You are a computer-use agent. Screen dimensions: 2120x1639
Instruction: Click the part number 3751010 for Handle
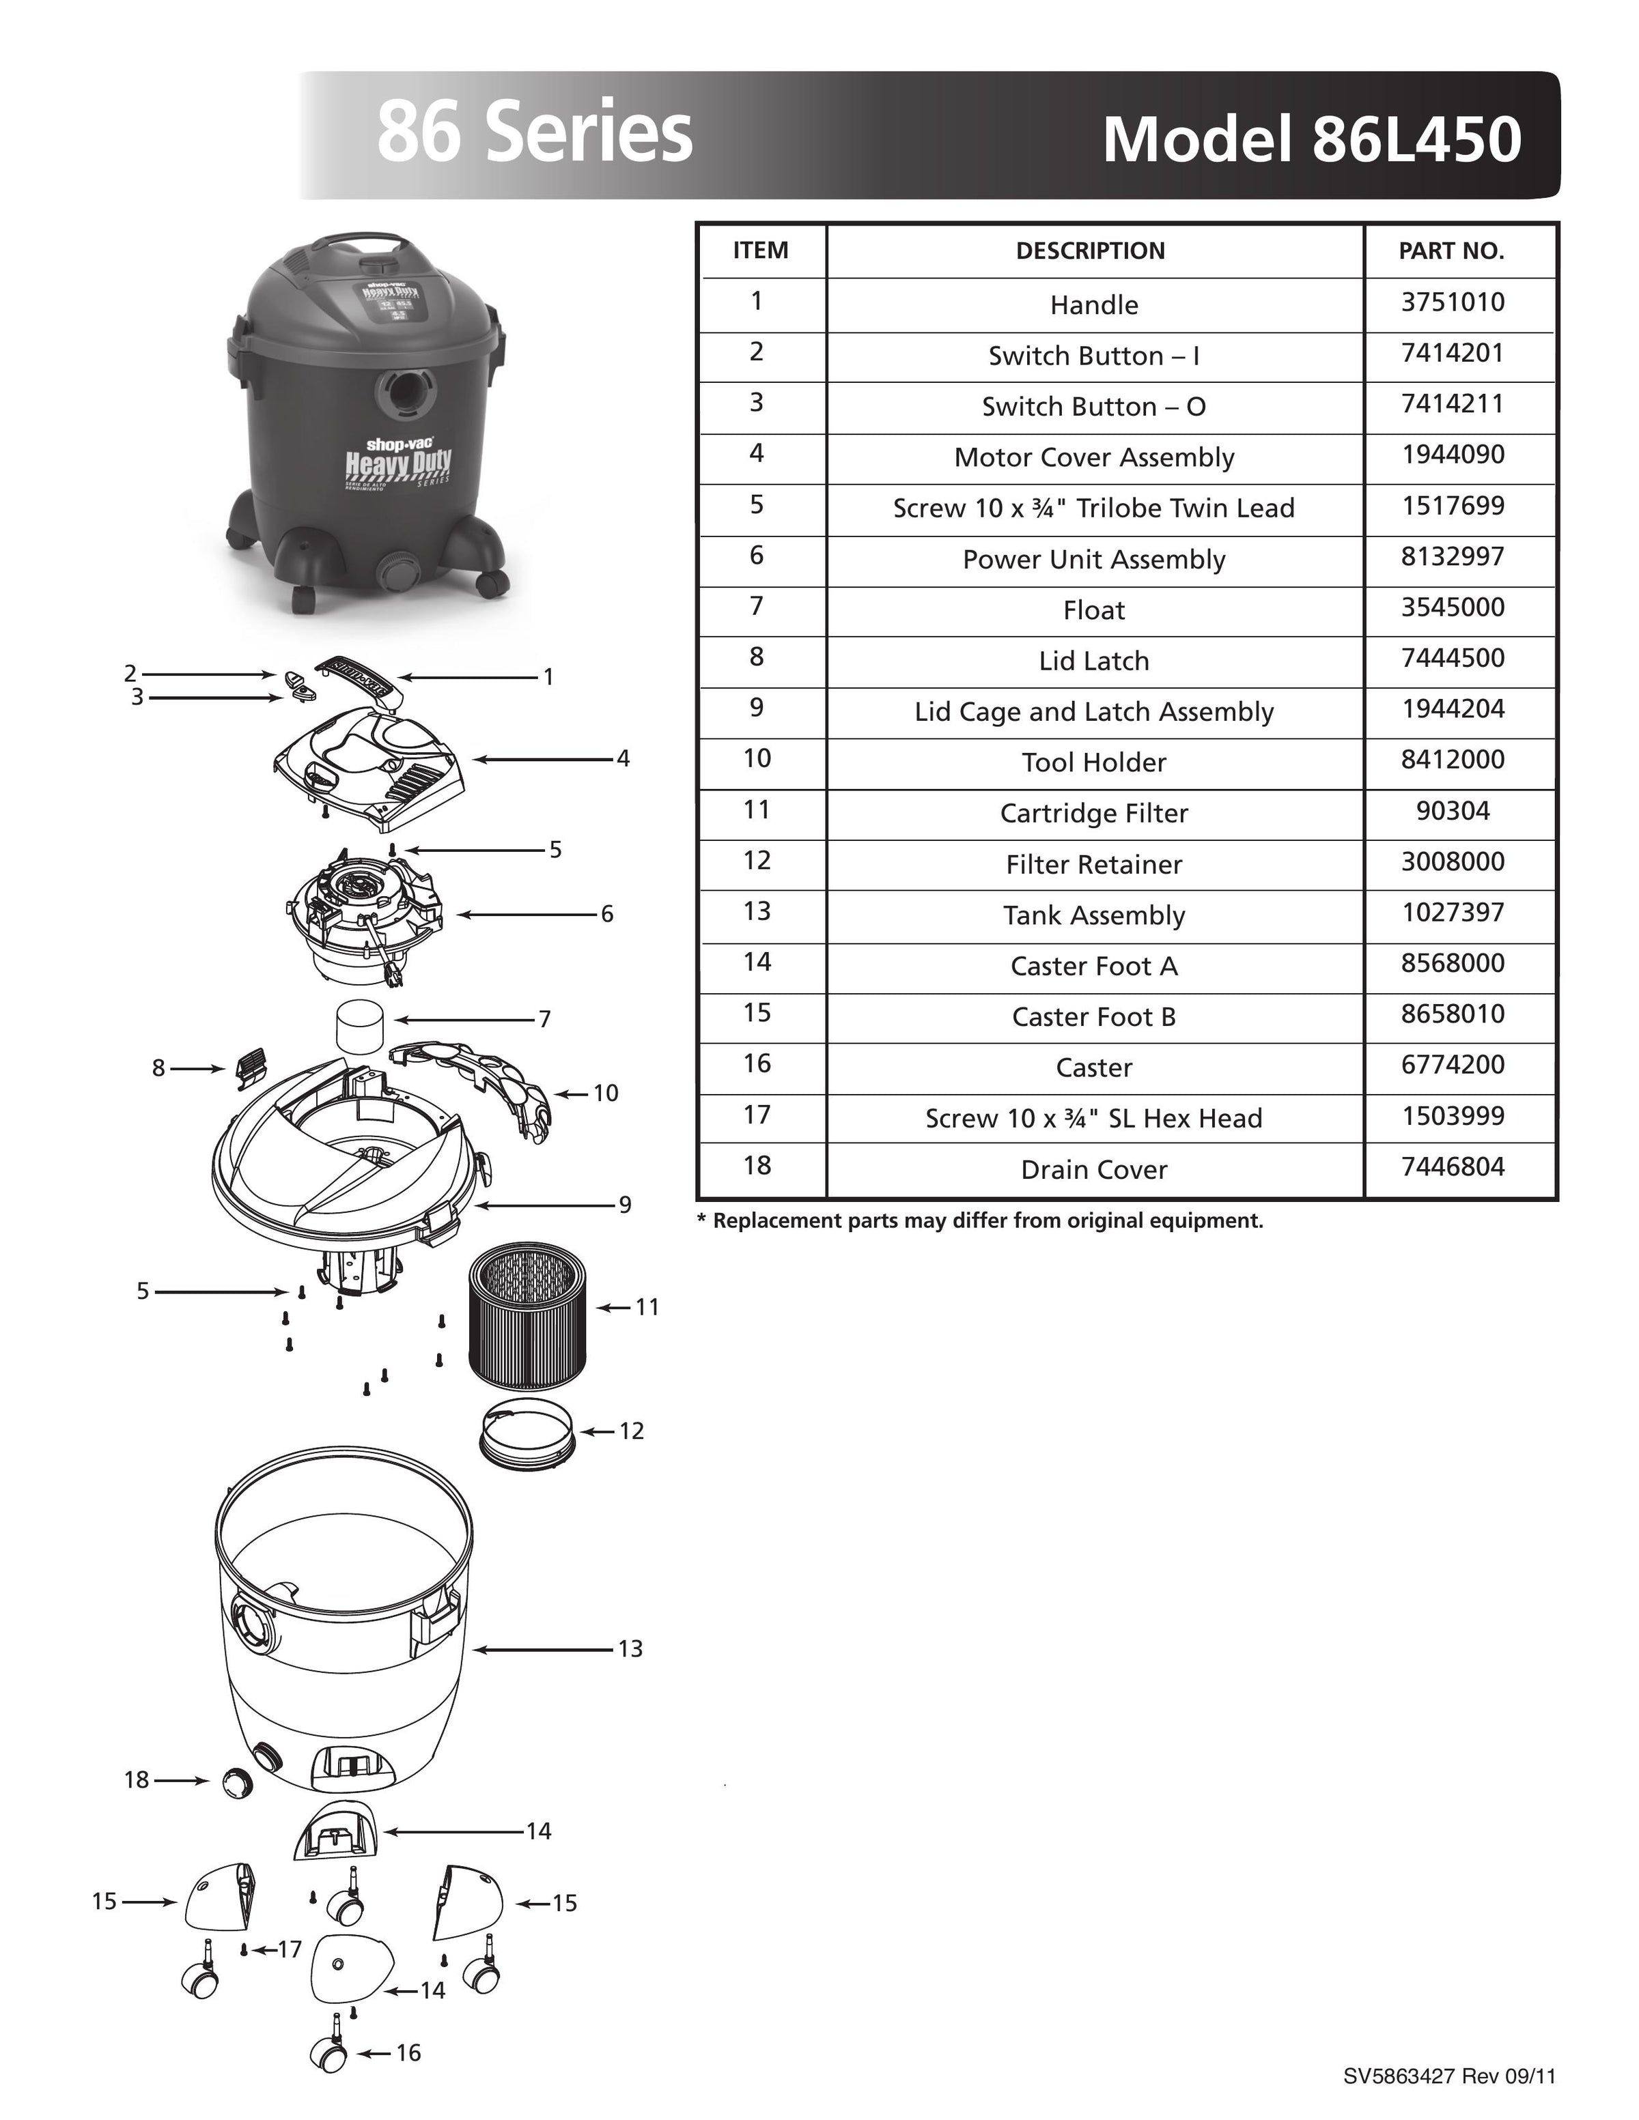[x=1452, y=303]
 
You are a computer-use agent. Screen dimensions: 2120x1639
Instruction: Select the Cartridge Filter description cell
[x=1093, y=814]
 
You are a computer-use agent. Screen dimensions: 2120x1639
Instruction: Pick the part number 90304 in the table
[x=1452, y=811]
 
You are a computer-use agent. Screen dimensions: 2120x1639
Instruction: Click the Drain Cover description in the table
[x=1093, y=1170]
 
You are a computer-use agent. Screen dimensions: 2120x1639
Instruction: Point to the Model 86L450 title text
[x=1311, y=139]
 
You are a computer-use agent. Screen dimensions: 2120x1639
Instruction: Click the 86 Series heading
[x=534, y=133]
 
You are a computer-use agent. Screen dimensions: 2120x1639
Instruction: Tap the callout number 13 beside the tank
[x=630, y=1649]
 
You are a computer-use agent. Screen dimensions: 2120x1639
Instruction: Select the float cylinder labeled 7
[x=359, y=1025]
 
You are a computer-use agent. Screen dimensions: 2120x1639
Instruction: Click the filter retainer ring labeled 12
[x=527, y=1433]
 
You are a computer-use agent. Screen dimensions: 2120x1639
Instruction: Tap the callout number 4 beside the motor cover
[x=624, y=759]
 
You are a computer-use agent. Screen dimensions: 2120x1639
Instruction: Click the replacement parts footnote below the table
[x=980, y=1221]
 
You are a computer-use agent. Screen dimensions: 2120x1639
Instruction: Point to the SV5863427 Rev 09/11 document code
[x=1448, y=2076]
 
